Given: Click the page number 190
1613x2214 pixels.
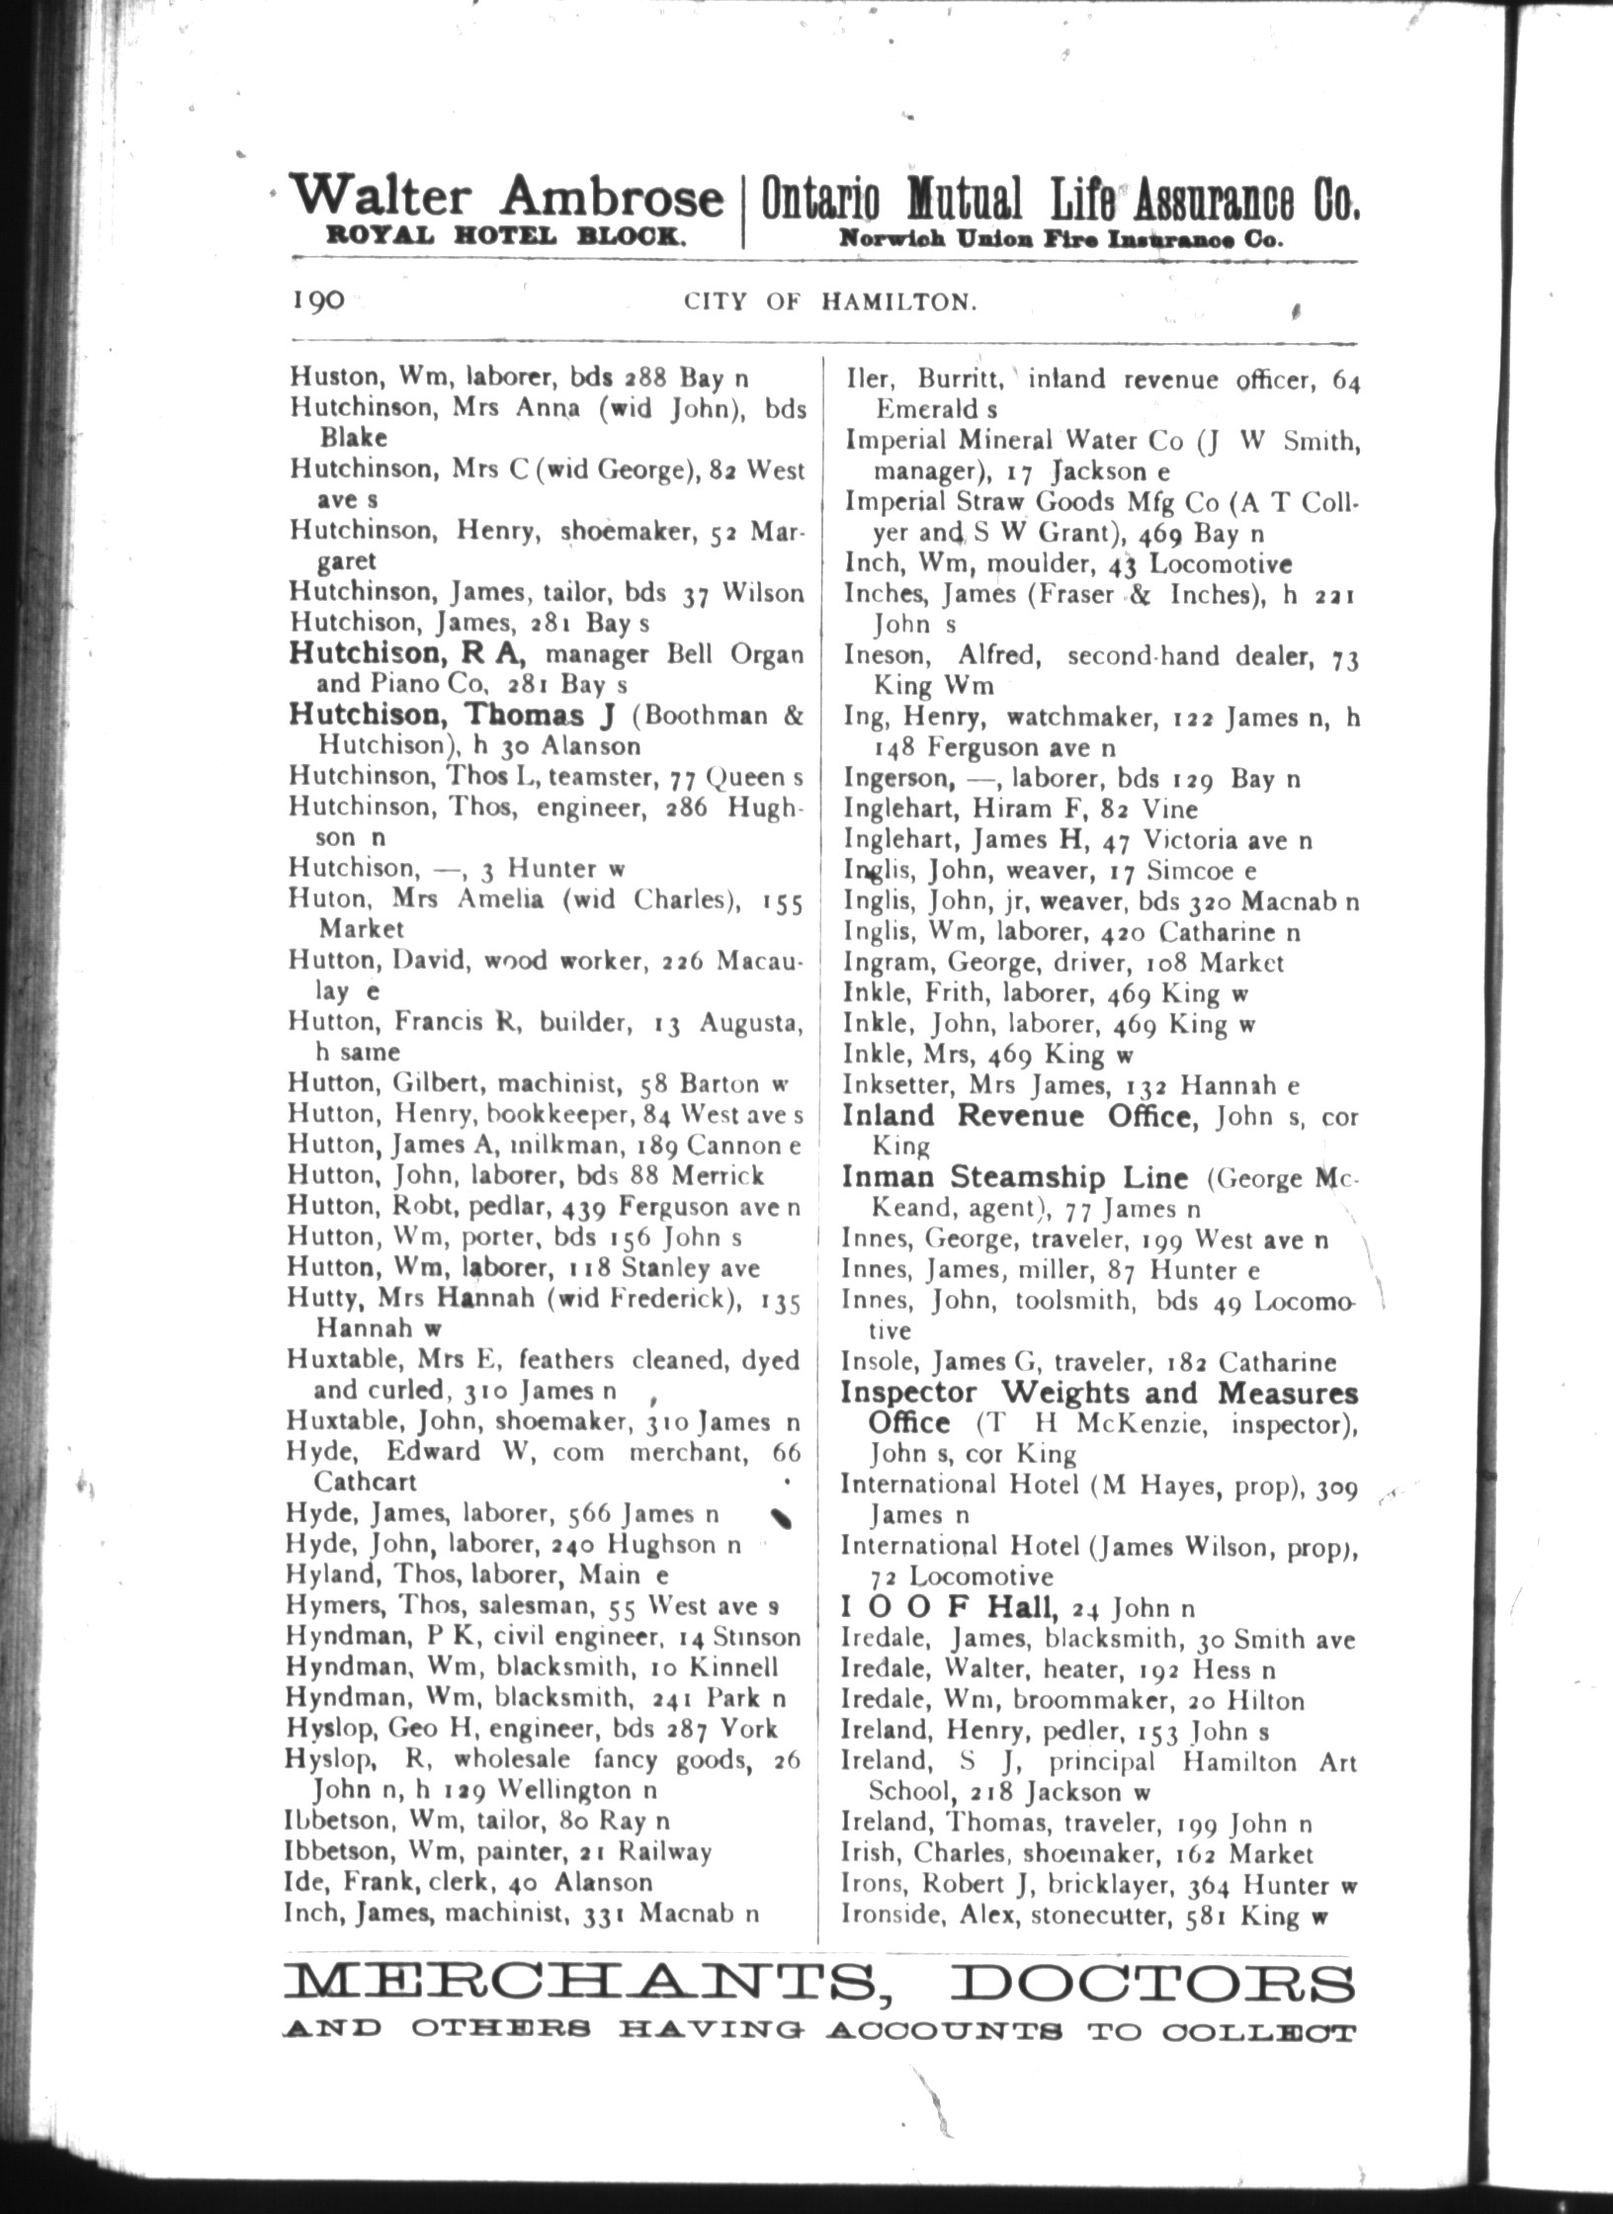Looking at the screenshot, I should point(317,298).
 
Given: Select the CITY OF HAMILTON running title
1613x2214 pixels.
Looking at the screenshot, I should point(831,301).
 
